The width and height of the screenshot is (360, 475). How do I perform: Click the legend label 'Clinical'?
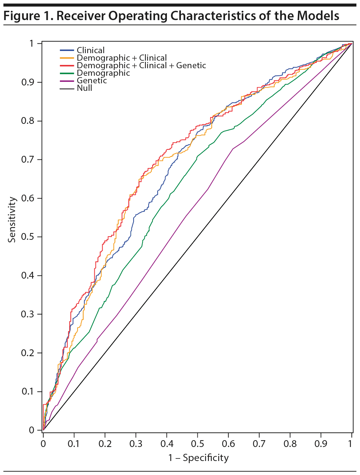(x=90, y=50)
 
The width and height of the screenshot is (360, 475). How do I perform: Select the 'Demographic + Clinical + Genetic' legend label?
(x=141, y=65)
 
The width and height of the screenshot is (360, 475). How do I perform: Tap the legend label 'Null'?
(x=84, y=88)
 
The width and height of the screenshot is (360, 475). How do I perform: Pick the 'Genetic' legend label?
(x=92, y=80)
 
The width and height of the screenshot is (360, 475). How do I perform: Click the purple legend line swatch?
(x=67, y=81)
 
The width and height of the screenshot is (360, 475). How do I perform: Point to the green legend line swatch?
(x=67, y=73)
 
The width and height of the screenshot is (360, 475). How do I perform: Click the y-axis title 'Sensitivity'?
(x=12, y=219)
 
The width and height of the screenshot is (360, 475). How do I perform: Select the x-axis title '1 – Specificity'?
(x=198, y=458)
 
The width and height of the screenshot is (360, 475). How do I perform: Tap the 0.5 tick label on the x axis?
(x=197, y=444)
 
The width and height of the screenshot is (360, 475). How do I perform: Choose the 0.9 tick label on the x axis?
(x=321, y=444)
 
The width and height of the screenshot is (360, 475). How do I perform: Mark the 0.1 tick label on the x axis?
(x=74, y=444)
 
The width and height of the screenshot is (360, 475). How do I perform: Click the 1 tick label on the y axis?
(x=32, y=43)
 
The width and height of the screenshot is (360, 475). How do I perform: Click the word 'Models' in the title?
(x=318, y=16)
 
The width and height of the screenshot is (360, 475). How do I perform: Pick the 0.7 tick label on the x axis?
(x=259, y=444)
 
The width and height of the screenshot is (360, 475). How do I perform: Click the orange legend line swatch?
(x=67, y=58)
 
